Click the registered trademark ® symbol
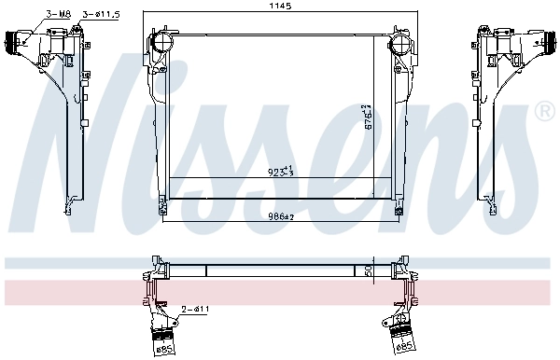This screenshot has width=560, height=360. pos(544,113)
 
